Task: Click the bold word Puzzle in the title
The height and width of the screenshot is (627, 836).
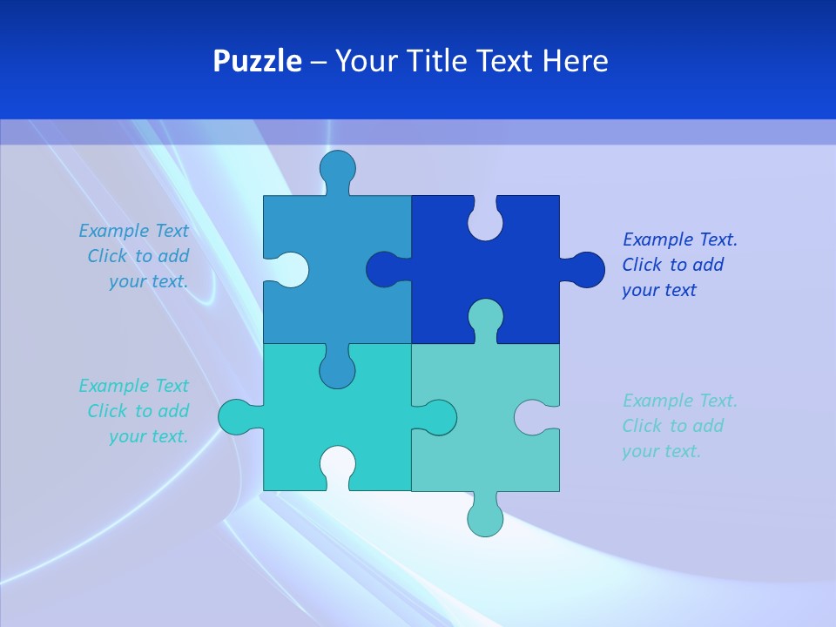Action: (x=258, y=61)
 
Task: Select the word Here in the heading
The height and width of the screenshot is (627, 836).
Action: (x=575, y=61)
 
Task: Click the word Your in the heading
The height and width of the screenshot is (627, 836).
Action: (x=365, y=61)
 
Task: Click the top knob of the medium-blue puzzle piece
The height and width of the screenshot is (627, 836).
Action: (x=337, y=167)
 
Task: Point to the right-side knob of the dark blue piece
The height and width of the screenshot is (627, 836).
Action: (x=586, y=269)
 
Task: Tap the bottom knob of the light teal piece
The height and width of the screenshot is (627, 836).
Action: (x=485, y=517)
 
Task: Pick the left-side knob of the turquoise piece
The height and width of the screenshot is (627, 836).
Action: (x=236, y=417)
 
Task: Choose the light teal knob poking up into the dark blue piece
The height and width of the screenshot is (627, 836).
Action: (x=485, y=317)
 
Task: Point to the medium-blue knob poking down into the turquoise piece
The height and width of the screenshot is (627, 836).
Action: (x=337, y=369)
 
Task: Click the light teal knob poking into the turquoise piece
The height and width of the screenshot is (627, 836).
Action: (x=437, y=417)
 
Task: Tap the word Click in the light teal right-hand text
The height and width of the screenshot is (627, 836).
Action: (x=643, y=426)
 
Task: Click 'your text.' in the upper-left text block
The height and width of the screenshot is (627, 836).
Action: (x=148, y=281)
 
